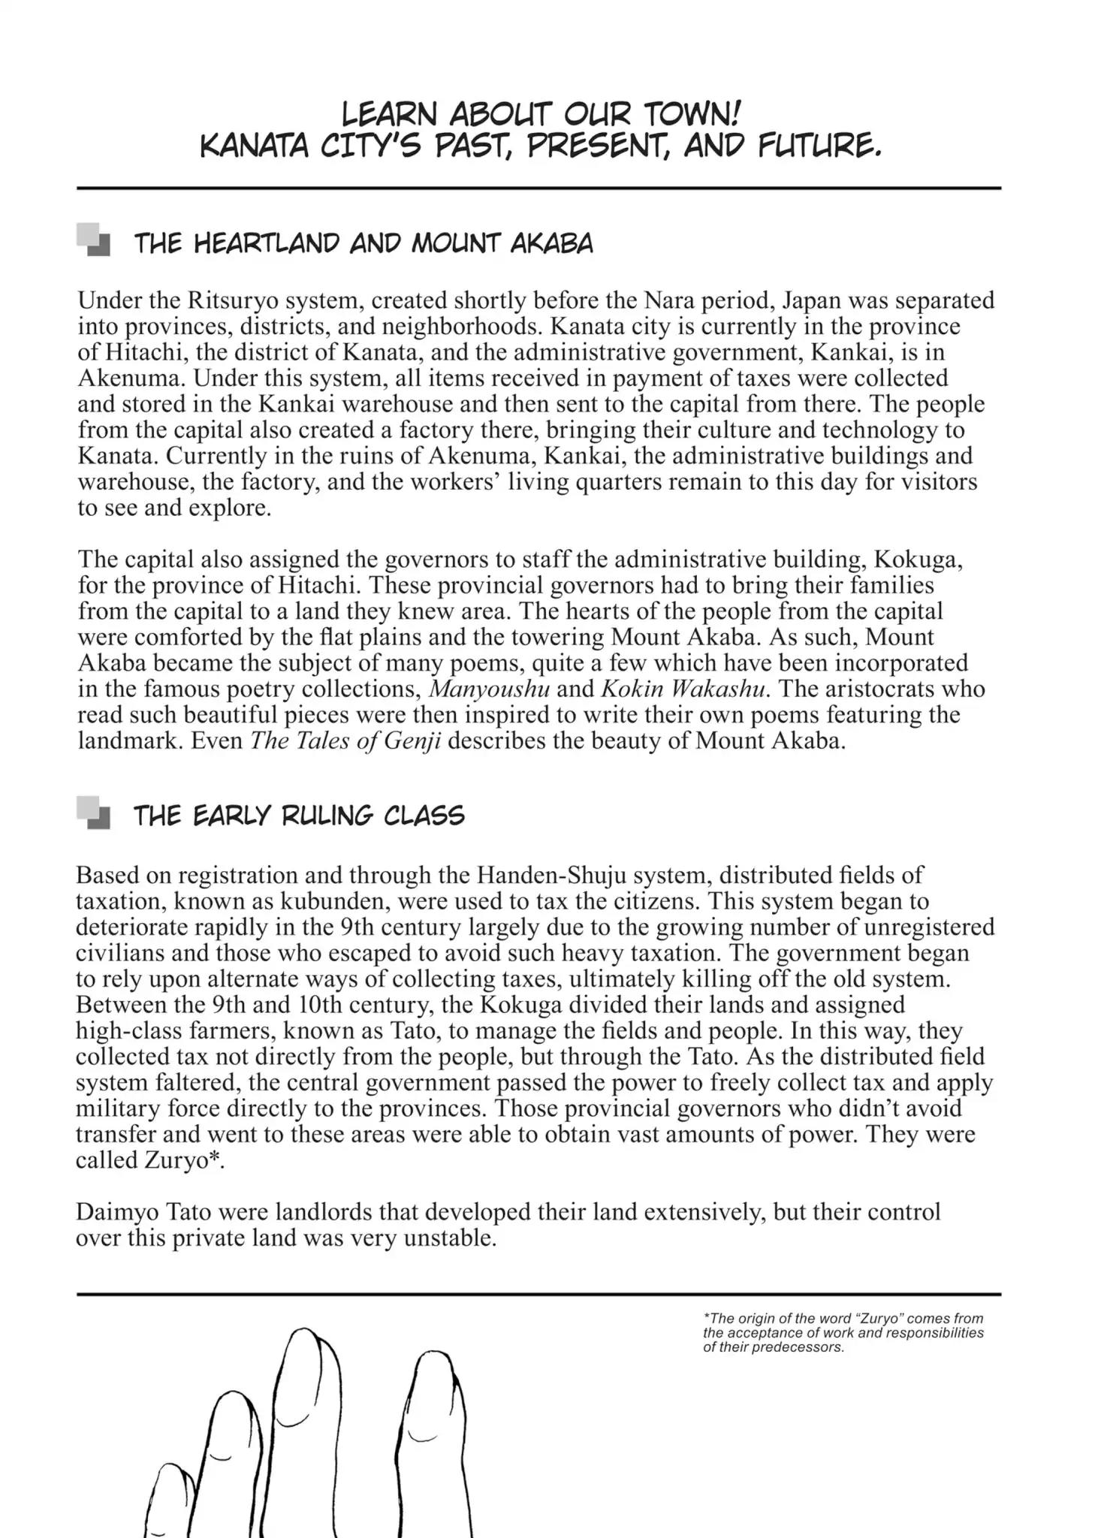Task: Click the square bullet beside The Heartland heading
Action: [94, 240]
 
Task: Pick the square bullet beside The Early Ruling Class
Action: [94, 813]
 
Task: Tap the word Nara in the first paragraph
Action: [671, 300]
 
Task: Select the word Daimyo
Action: [116, 1212]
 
